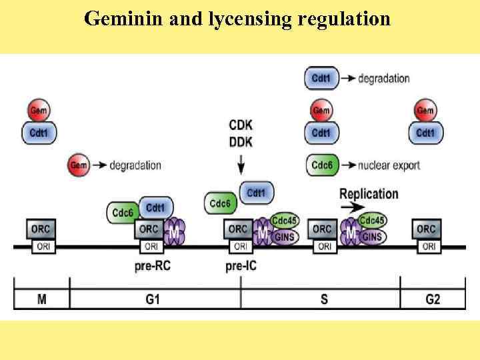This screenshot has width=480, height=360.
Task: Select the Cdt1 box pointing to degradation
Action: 321,78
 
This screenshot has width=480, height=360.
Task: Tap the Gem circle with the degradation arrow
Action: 79,165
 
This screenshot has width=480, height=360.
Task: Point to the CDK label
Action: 241,125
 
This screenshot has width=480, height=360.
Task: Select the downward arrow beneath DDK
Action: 241,162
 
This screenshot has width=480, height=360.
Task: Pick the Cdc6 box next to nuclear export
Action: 321,165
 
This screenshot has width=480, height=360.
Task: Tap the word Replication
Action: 369,194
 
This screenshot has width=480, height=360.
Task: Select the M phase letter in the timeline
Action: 41,299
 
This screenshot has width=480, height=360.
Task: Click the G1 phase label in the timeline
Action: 152,299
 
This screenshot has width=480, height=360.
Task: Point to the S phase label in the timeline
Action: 323,299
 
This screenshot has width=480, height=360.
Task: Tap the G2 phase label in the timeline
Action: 432,299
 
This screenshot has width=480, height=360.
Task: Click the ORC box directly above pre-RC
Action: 148,229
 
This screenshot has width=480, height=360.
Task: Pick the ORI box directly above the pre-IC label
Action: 241,246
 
